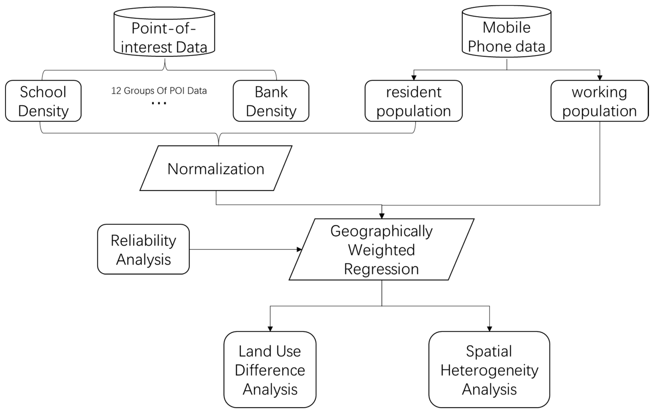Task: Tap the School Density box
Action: pos(43,101)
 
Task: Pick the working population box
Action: pos(599,101)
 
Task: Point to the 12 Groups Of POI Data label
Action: pos(159,91)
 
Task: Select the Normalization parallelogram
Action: pos(216,168)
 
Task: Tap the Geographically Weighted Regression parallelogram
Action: pos(381,250)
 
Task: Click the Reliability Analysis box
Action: pos(143,249)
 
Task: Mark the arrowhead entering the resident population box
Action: pos(414,78)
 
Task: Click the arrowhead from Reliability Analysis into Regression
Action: pos(299,249)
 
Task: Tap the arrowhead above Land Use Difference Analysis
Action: pos(270,329)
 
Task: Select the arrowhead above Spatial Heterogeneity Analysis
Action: pos(489,329)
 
